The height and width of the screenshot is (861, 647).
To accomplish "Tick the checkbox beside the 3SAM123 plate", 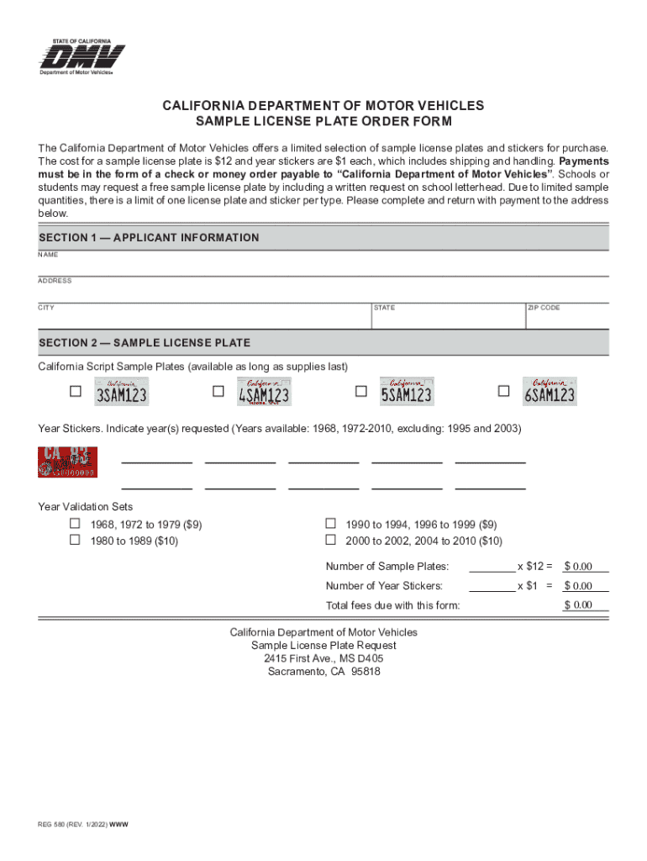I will click(76, 392).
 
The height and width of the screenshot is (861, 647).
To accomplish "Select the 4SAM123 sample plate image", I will click(264, 392).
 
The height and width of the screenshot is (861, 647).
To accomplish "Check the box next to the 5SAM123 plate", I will click(361, 392).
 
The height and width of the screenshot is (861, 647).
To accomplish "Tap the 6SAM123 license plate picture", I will click(550, 392).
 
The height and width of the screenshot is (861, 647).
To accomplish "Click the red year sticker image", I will click(67, 462).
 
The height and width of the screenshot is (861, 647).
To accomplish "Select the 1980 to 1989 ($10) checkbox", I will click(75, 541).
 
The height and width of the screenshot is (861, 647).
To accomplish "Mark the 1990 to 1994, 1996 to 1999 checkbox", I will click(330, 523).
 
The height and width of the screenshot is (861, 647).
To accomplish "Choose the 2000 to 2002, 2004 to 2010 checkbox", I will click(330, 540).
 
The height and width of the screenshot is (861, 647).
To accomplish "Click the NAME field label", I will click(48, 255).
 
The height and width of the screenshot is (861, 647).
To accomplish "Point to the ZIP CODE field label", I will click(544, 308).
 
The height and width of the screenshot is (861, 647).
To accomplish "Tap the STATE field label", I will click(384, 308).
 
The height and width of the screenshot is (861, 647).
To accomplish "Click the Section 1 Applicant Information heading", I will click(149, 238).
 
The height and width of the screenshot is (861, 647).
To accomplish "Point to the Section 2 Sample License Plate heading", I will click(145, 343).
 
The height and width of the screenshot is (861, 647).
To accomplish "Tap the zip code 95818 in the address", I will click(366, 672).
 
